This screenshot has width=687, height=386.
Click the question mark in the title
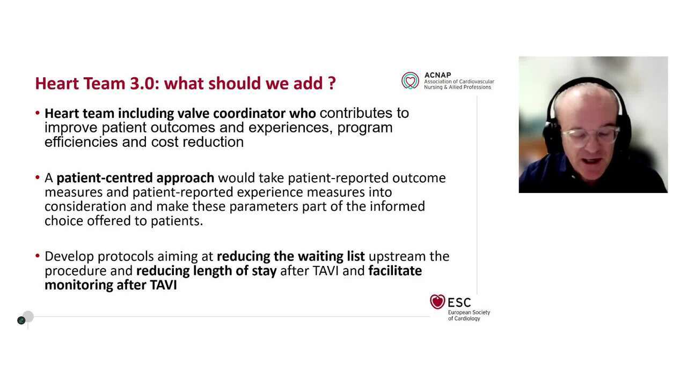click(x=332, y=84)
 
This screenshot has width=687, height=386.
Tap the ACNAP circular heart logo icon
click(x=410, y=81)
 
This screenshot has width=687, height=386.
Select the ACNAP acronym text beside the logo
click(x=437, y=75)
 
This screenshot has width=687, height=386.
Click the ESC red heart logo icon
click(x=437, y=302)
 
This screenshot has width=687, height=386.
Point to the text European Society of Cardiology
click(x=469, y=315)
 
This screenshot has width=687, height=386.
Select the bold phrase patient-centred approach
click(x=135, y=178)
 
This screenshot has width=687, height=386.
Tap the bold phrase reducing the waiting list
click(x=290, y=256)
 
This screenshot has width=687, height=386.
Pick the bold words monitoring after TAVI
click(x=111, y=285)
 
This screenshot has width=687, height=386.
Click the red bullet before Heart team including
click(x=38, y=113)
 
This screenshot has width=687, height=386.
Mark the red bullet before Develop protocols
click(x=38, y=256)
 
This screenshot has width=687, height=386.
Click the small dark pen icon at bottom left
click(x=21, y=320)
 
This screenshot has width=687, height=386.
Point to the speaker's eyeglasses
click(x=590, y=134)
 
